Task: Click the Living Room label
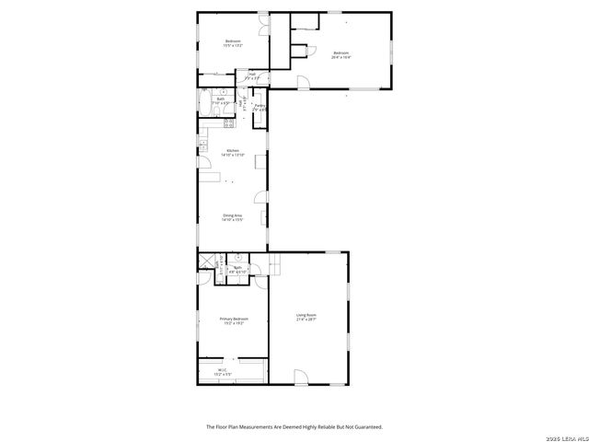click(x=306, y=318)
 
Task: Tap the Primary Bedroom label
click(x=234, y=321)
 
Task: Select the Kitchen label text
click(x=233, y=153)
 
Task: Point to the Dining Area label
click(x=232, y=217)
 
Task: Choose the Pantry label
click(x=260, y=108)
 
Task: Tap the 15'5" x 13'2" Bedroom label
click(x=233, y=43)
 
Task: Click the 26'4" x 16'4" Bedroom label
click(x=342, y=54)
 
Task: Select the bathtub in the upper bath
click(x=204, y=101)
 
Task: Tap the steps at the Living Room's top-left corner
click(x=274, y=267)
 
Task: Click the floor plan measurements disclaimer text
click(x=294, y=426)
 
